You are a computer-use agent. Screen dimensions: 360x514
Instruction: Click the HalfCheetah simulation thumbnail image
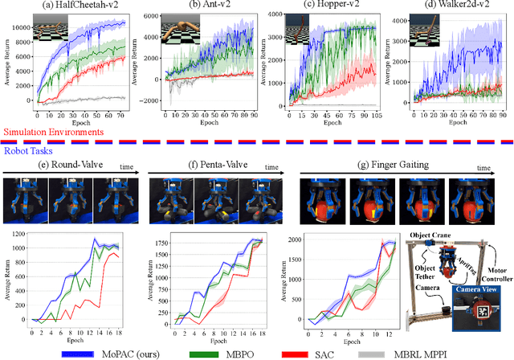click(x=41, y=31)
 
